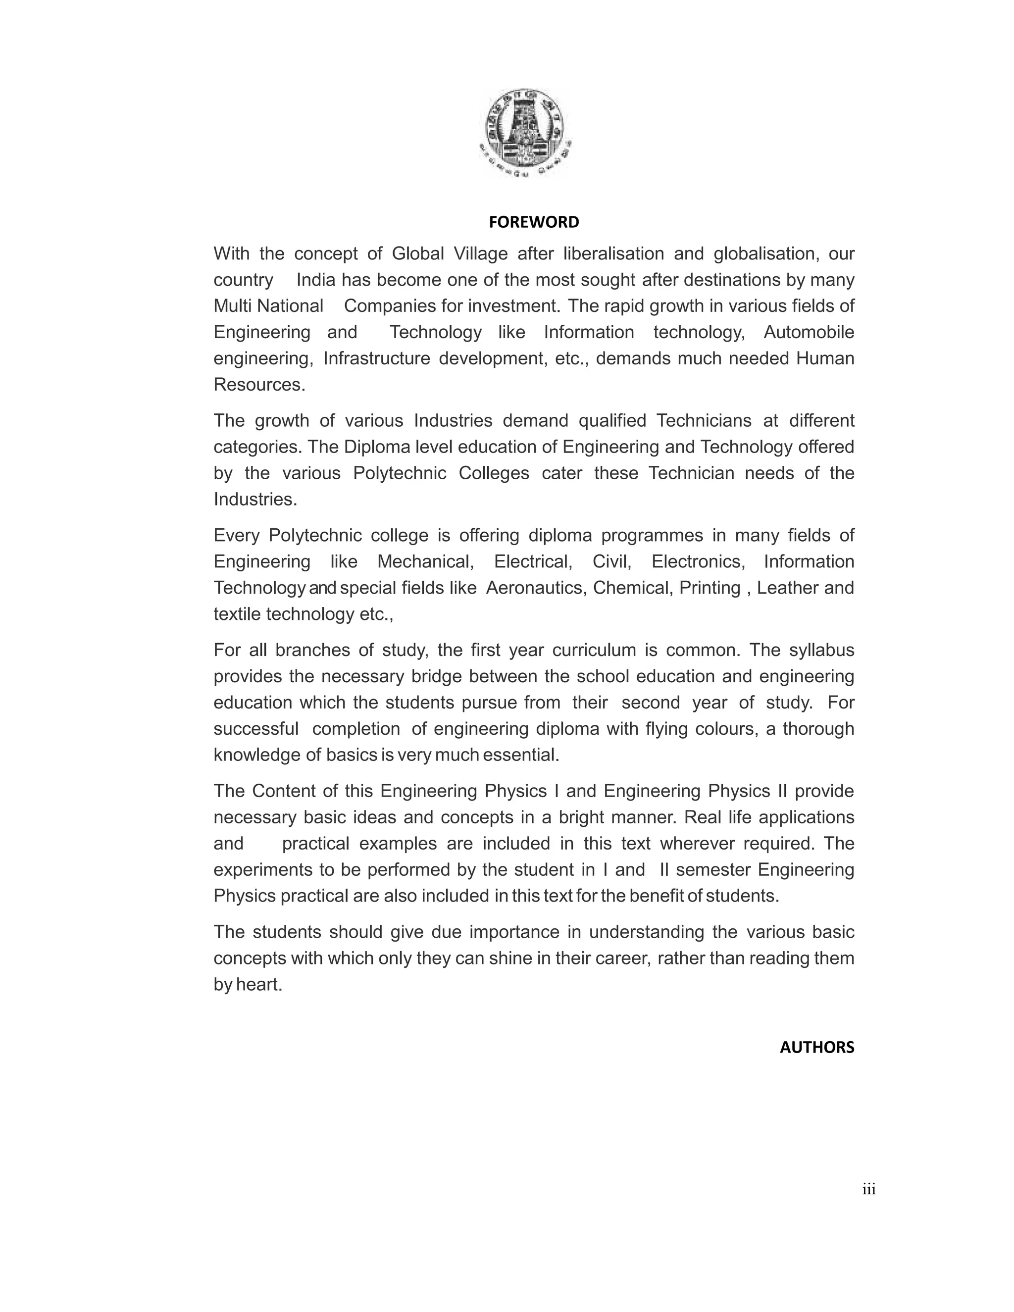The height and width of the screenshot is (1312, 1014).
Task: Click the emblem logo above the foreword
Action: (527, 132)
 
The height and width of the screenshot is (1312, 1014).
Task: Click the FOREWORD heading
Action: (533, 222)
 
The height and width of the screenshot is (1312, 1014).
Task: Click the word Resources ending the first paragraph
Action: (258, 385)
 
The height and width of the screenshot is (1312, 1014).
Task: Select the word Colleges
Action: (494, 473)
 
